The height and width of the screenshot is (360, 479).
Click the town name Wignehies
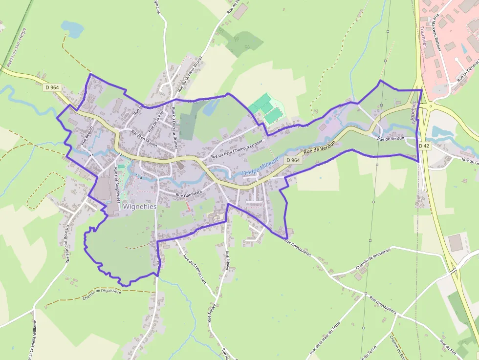coord(140,207)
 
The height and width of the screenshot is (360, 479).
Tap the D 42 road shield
coord(424,146)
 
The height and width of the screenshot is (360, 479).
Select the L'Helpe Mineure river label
coord(260,167)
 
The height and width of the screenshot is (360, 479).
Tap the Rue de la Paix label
coord(157,120)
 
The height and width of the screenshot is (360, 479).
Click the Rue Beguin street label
coord(87,136)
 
